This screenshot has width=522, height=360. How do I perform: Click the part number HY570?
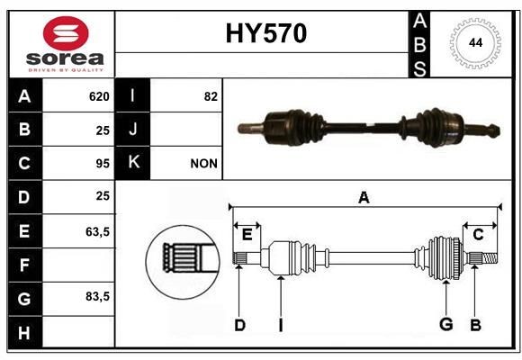click(x=265, y=34)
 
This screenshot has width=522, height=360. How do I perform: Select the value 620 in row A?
click(x=99, y=96)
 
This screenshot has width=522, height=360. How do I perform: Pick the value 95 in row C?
click(x=103, y=164)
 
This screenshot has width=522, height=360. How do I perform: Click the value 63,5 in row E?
click(x=97, y=231)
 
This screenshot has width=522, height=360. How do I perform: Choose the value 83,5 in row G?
click(x=97, y=297)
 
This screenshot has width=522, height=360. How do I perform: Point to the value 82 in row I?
click(x=211, y=96)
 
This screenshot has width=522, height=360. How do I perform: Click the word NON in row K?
click(x=203, y=164)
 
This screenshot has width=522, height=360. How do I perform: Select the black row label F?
click(x=24, y=265)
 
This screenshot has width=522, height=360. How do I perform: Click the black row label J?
click(x=133, y=130)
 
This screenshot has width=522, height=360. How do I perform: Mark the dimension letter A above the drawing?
click(x=364, y=197)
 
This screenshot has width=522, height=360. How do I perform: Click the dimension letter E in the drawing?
click(x=247, y=235)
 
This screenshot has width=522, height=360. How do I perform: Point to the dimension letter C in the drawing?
click(x=478, y=235)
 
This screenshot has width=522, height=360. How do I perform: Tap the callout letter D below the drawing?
click(x=239, y=325)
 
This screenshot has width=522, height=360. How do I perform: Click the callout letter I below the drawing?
click(x=280, y=325)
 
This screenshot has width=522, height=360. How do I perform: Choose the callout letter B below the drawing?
click(x=475, y=325)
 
